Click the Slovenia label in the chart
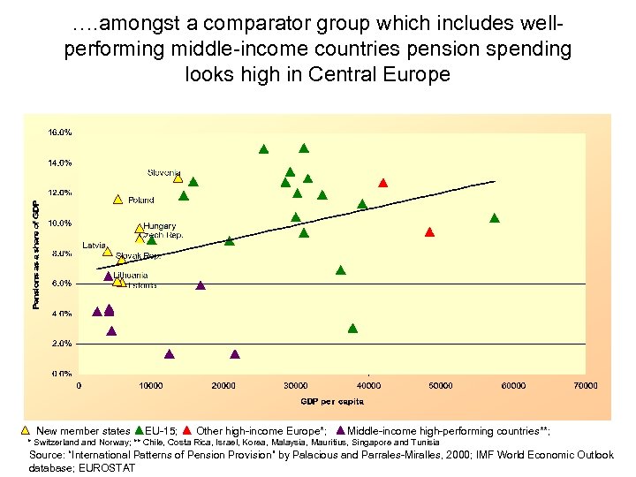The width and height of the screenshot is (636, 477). [x=163, y=172]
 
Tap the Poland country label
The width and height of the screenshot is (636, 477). [x=140, y=201]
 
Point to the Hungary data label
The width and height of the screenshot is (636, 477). [x=160, y=226]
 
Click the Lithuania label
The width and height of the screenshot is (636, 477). [x=131, y=276]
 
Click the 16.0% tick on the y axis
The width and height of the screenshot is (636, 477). [x=60, y=132]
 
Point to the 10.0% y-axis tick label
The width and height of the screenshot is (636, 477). [x=60, y=223]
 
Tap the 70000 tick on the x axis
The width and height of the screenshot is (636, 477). [x=586, y=385]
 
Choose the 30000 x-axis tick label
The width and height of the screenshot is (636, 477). [x=296, y=385]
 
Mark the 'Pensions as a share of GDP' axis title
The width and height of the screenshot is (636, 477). [x=35, y=254]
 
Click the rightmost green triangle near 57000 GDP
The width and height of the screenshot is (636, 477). [x=495, y=217]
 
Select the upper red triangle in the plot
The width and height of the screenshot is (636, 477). [x=382, y=183]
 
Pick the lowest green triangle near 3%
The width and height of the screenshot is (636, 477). [x=352, y=328]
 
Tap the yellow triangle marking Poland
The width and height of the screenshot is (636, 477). [x=118, y=199]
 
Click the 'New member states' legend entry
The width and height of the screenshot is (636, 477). [x=83, y=431]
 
